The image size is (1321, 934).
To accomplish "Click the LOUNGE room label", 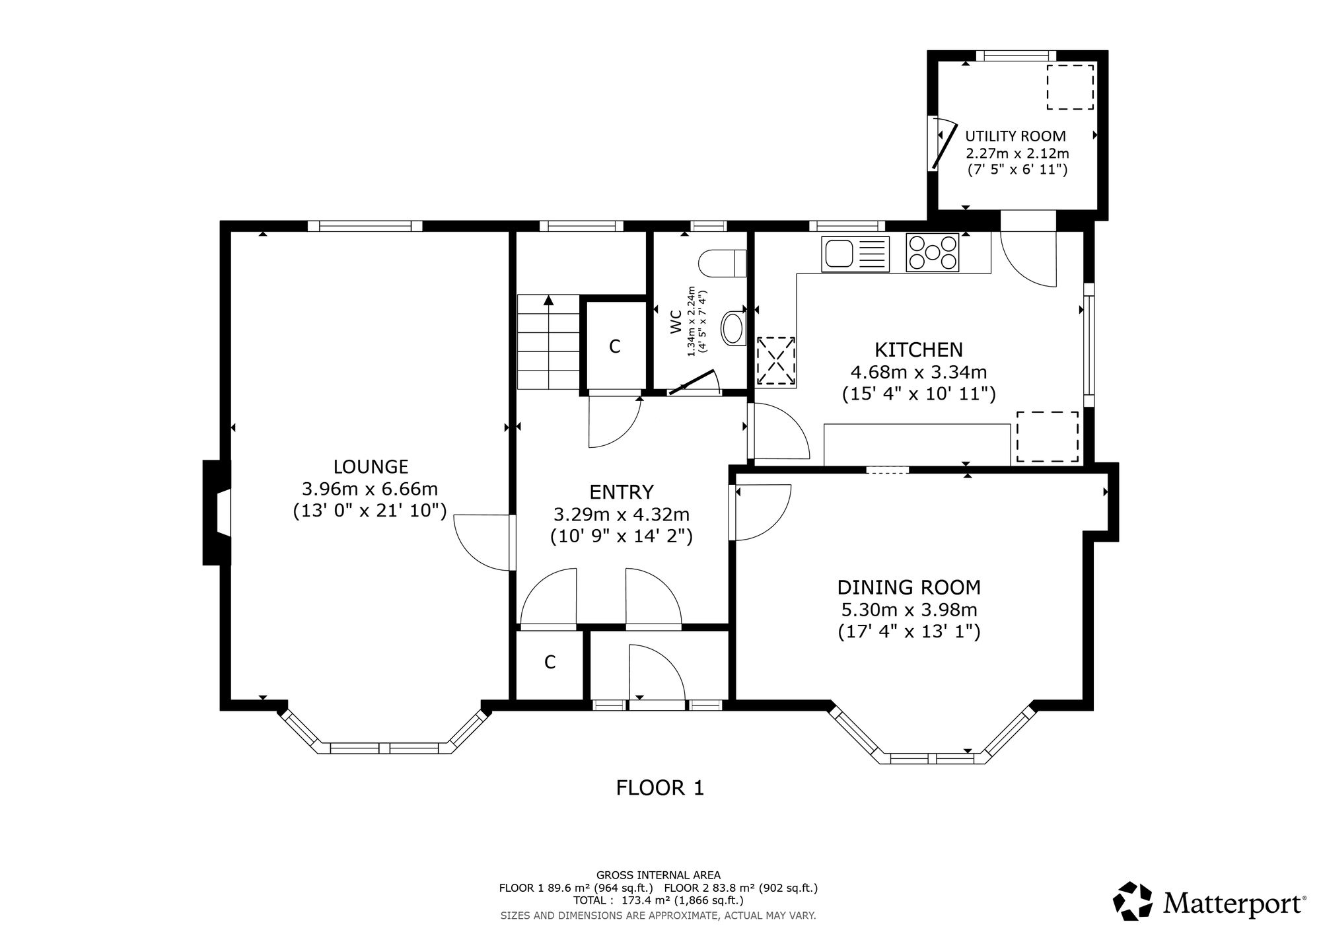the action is click(371, 467).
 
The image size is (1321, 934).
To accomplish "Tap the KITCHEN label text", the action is click(919, 349).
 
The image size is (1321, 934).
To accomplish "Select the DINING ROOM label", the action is click(909, 587).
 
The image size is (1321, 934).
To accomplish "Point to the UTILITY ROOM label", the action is click(1016, 137).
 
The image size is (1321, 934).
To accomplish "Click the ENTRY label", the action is click(622, 492).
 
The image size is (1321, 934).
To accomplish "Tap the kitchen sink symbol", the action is click(855, 253).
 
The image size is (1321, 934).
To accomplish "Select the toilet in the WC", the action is click(722, 264).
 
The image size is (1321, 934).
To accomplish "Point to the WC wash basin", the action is click(733, 328).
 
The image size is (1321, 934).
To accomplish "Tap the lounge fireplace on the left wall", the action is click(217, 513).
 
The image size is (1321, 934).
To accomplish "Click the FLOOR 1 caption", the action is click(660, 788).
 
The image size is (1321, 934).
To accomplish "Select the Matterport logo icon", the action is click(1134, 901).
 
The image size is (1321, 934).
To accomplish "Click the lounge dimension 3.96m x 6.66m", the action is click(370, 489).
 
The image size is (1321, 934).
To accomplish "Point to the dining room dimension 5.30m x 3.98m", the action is click(908, 610).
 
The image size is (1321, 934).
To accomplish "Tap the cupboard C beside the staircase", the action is click(614, 346).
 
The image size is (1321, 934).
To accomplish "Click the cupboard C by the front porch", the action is click(550, 663).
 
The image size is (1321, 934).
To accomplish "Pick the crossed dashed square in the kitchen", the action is click(776, 361).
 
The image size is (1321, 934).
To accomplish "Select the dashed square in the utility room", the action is click(1070, 87).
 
